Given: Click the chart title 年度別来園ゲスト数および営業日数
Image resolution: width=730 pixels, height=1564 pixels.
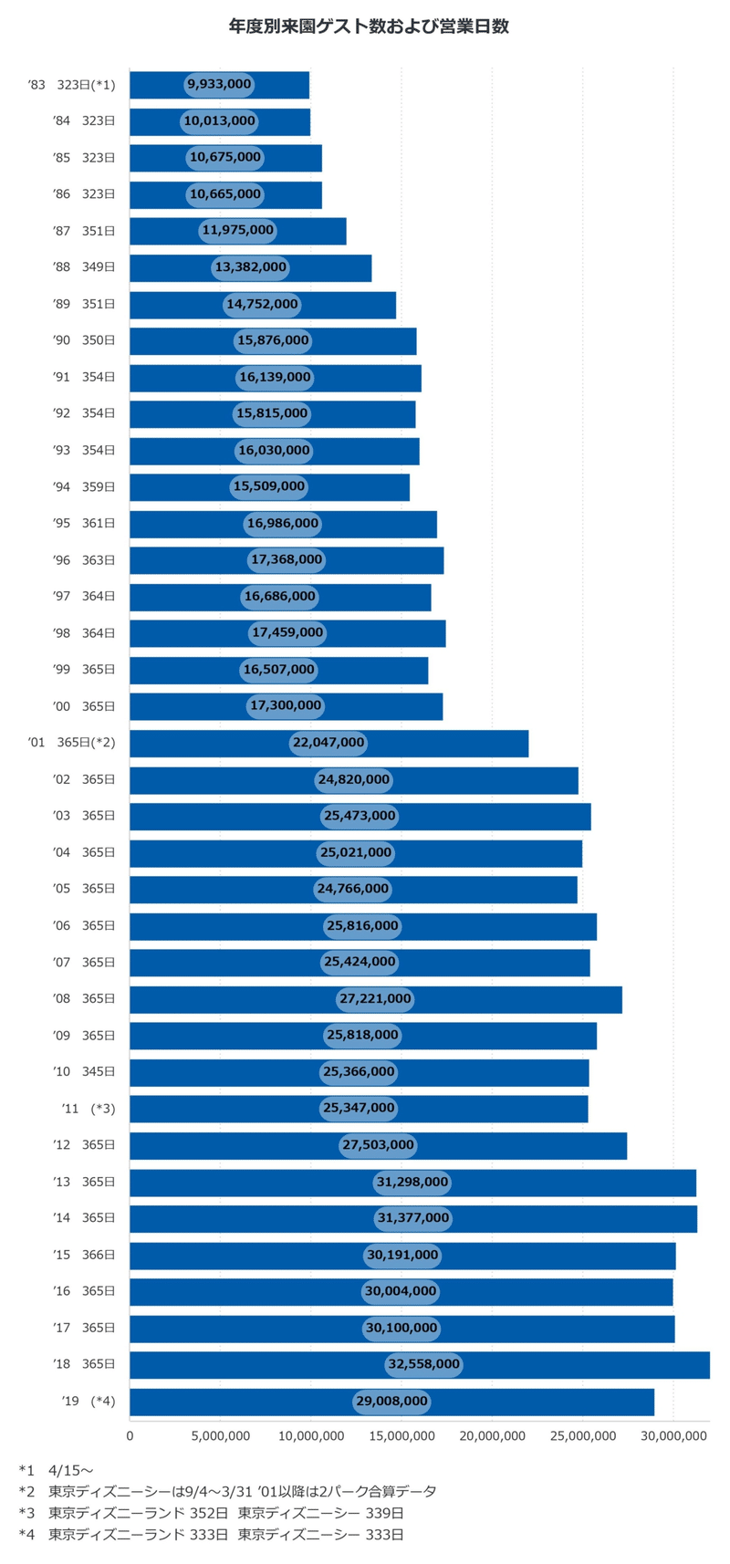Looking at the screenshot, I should point(368,26).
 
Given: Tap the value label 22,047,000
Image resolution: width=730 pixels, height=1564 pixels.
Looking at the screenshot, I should point(328,743).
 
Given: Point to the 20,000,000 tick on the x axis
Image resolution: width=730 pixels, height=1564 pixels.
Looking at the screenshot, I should point(492,1435).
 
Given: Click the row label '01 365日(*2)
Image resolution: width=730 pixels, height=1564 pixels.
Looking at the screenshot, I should point(72,743).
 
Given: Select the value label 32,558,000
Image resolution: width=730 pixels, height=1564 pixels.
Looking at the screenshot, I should point(423,1365).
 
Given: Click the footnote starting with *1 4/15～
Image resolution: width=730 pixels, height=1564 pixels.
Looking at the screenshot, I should point(56,1470).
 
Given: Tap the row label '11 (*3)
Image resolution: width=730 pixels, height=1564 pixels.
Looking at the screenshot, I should point(89,1109).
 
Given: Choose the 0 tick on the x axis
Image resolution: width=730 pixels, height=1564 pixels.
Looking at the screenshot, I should point(130,1435).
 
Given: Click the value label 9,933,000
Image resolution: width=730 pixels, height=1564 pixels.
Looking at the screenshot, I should point(219,85).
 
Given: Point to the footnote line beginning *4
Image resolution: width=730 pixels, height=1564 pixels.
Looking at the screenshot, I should point(211,1535).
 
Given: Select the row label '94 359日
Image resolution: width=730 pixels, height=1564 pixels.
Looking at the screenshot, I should point(85,487).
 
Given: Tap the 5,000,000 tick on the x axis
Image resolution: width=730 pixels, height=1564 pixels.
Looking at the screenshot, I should point(220,1435).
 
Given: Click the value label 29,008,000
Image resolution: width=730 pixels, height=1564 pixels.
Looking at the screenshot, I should point(391,1402).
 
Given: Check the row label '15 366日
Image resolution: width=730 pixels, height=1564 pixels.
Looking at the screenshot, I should point(85,1255).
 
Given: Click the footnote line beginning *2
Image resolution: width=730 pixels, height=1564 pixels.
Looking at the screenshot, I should point(227,1492).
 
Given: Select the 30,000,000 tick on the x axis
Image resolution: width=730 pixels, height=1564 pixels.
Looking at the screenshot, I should point(673,1435).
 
